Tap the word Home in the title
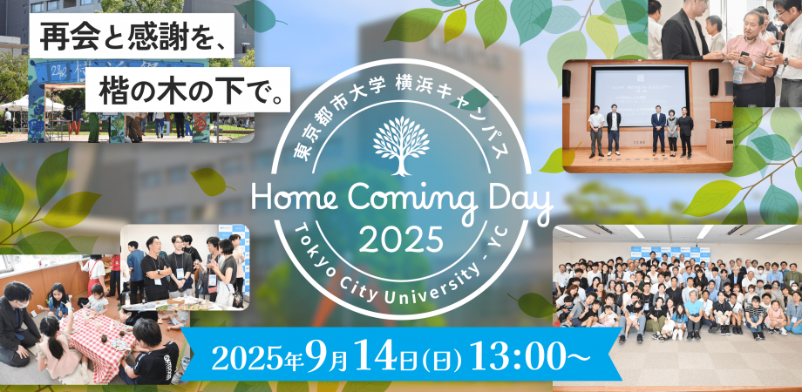[x=293, y=200]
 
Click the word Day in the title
[x=513, y=204]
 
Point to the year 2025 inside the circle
[x=401, y=238]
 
